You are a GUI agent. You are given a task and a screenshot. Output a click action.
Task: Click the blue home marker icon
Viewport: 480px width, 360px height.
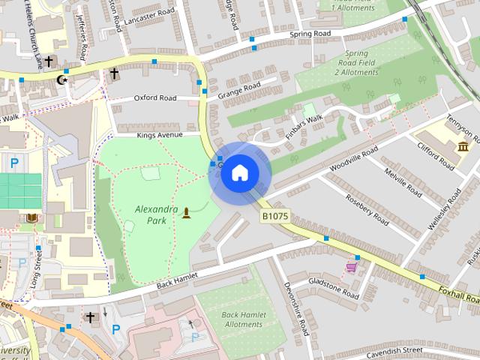click(x=239, y=172)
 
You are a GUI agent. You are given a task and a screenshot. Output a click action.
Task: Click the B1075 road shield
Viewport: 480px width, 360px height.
click(x=275, y=216)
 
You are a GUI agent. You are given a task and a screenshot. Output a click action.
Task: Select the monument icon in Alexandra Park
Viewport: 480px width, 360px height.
click(x=186, y=214)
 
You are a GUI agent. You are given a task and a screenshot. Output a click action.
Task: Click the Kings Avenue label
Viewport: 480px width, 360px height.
click(x=160, y=135)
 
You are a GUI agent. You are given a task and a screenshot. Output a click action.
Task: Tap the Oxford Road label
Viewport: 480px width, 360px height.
click(x=155, y=97)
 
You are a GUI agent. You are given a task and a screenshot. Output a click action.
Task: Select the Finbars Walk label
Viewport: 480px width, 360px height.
click(x=303, y=127)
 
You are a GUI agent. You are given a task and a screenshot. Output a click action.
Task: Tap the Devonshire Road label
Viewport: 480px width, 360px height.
click(x=296, y=307)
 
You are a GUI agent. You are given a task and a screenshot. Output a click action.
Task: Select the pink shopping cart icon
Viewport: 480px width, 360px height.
click(x=351, y=266)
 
